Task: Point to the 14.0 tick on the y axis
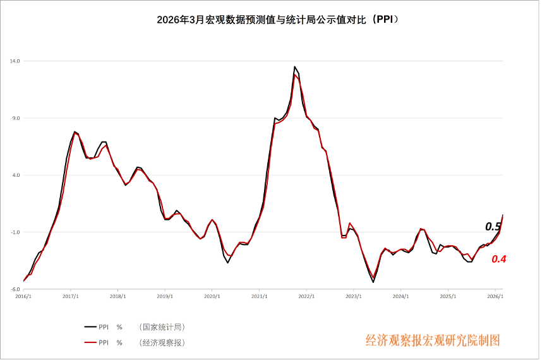[x=15, y=61]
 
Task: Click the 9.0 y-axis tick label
[x=15, y=118]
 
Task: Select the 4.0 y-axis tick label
[x=15, y=175]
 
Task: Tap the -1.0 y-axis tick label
[x=15, y=232]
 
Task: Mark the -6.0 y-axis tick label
[x=15, y=289]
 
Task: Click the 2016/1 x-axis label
[x=23, y=296]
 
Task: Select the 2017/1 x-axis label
[x=71, y=296]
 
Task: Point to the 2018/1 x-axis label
[x=118, y=296]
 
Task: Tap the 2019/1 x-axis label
[x=165, y=296]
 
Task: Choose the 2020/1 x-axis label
[x=212, y=296]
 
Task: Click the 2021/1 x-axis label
[x=259, y=296]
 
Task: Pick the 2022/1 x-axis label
[x=306, y=296]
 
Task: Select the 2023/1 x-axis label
[x=354, y=296]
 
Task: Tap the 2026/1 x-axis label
[x=495, y=296]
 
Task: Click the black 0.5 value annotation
[x=493, y=227]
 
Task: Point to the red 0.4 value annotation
[x=499, y=259]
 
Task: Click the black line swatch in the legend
[x=90, y=327]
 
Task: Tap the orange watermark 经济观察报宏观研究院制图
[x=433, y=340]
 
